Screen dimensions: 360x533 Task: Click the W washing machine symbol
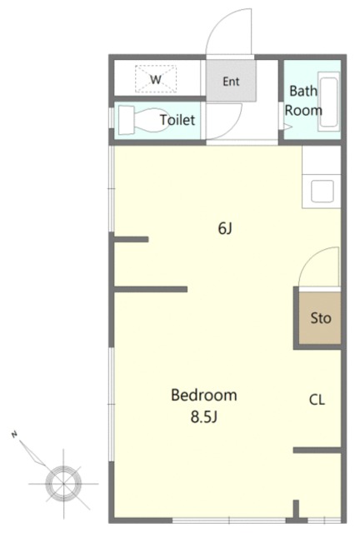156,79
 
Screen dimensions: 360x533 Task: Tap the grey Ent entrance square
231,81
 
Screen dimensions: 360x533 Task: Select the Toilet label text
177,120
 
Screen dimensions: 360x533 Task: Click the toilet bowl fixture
152,121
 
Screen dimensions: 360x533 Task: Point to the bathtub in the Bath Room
328,102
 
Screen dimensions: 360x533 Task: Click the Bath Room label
303,101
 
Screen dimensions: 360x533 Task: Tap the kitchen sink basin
322,191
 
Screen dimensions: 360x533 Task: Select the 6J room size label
225,228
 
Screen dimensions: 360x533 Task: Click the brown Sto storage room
320,317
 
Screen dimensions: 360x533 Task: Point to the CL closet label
317,400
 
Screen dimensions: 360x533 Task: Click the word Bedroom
204,395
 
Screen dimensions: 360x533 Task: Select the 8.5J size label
204,416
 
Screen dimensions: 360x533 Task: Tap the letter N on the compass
14,434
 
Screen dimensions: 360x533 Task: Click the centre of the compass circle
63,483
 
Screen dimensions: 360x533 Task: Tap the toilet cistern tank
126,120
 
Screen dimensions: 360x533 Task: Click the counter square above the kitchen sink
321,160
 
